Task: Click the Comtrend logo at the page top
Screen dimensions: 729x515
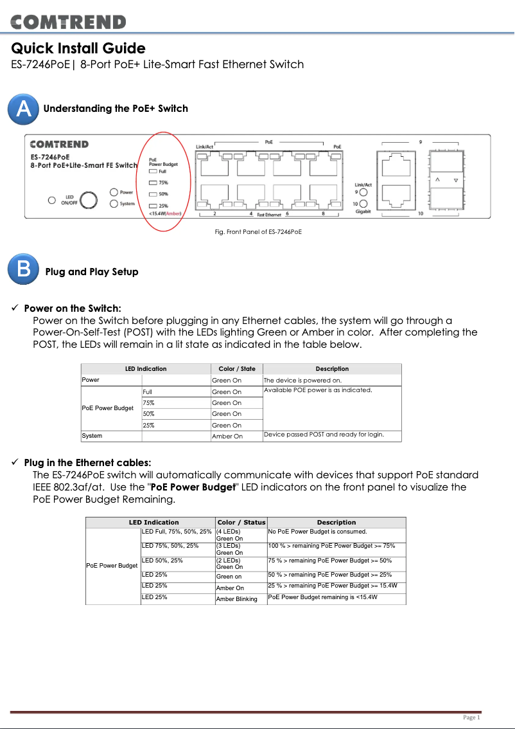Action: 68,22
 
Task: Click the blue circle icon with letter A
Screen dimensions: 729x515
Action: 22,109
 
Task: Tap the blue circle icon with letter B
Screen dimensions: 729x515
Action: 23,270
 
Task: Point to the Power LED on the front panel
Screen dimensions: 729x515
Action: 114,192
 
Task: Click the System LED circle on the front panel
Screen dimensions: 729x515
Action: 114,204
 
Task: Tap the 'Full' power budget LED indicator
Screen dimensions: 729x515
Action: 153,171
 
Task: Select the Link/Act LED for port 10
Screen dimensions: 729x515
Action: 363,203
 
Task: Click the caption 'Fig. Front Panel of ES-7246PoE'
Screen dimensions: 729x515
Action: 257,231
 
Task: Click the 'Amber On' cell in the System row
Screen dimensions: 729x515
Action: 227,436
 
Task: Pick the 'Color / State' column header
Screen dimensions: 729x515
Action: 236,369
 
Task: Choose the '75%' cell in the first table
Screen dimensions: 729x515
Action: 148,402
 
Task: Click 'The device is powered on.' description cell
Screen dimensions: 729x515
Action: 302,380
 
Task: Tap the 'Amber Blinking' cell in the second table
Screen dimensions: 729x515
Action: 236,598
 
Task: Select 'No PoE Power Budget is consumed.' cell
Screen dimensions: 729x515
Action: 317,532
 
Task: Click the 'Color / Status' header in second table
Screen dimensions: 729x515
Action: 241,522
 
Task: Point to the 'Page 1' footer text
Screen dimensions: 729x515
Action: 471,717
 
